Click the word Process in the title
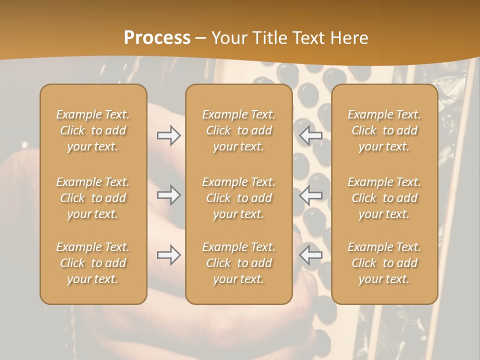point(157,38)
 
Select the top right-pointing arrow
point(168,135)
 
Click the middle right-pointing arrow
point(168,195)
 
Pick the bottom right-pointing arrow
point(168,255)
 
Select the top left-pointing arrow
point(311,135)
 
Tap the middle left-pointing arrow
point(311,195)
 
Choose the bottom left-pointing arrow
point(311,255)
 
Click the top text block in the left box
point(93,130)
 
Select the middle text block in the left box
point(93,198)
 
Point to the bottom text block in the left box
point(93,263)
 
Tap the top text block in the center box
point(239,130)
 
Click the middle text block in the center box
point(239,198)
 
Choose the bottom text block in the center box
point(239,263)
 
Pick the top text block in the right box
point(384,130)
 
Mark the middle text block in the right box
point(384,198)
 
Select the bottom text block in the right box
point(384,263)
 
